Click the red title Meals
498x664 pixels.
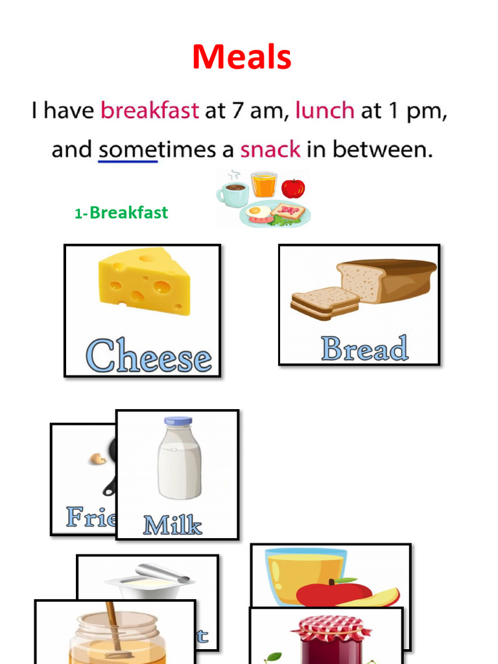tap(241, 57)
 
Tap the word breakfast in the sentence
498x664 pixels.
tap(149, 110)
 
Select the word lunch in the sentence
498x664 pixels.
tap(324, 110)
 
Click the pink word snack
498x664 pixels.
tap(270, 150)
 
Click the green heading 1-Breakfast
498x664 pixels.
tap(121, 213)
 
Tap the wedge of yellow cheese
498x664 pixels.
tap(145, 283)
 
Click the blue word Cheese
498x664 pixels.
tap(148, 356)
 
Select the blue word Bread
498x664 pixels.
tap(364, 349)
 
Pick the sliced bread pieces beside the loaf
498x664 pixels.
tap(324, 303)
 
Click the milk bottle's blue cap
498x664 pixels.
tap(178, 421)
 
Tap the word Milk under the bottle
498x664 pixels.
tap(172, 525)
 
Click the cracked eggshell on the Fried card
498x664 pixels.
tap(98, 459)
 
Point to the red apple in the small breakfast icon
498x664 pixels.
tap(293, 188)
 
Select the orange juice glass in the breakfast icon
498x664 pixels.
tap(264, 185)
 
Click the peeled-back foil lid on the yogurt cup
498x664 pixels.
tap(162, 573)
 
